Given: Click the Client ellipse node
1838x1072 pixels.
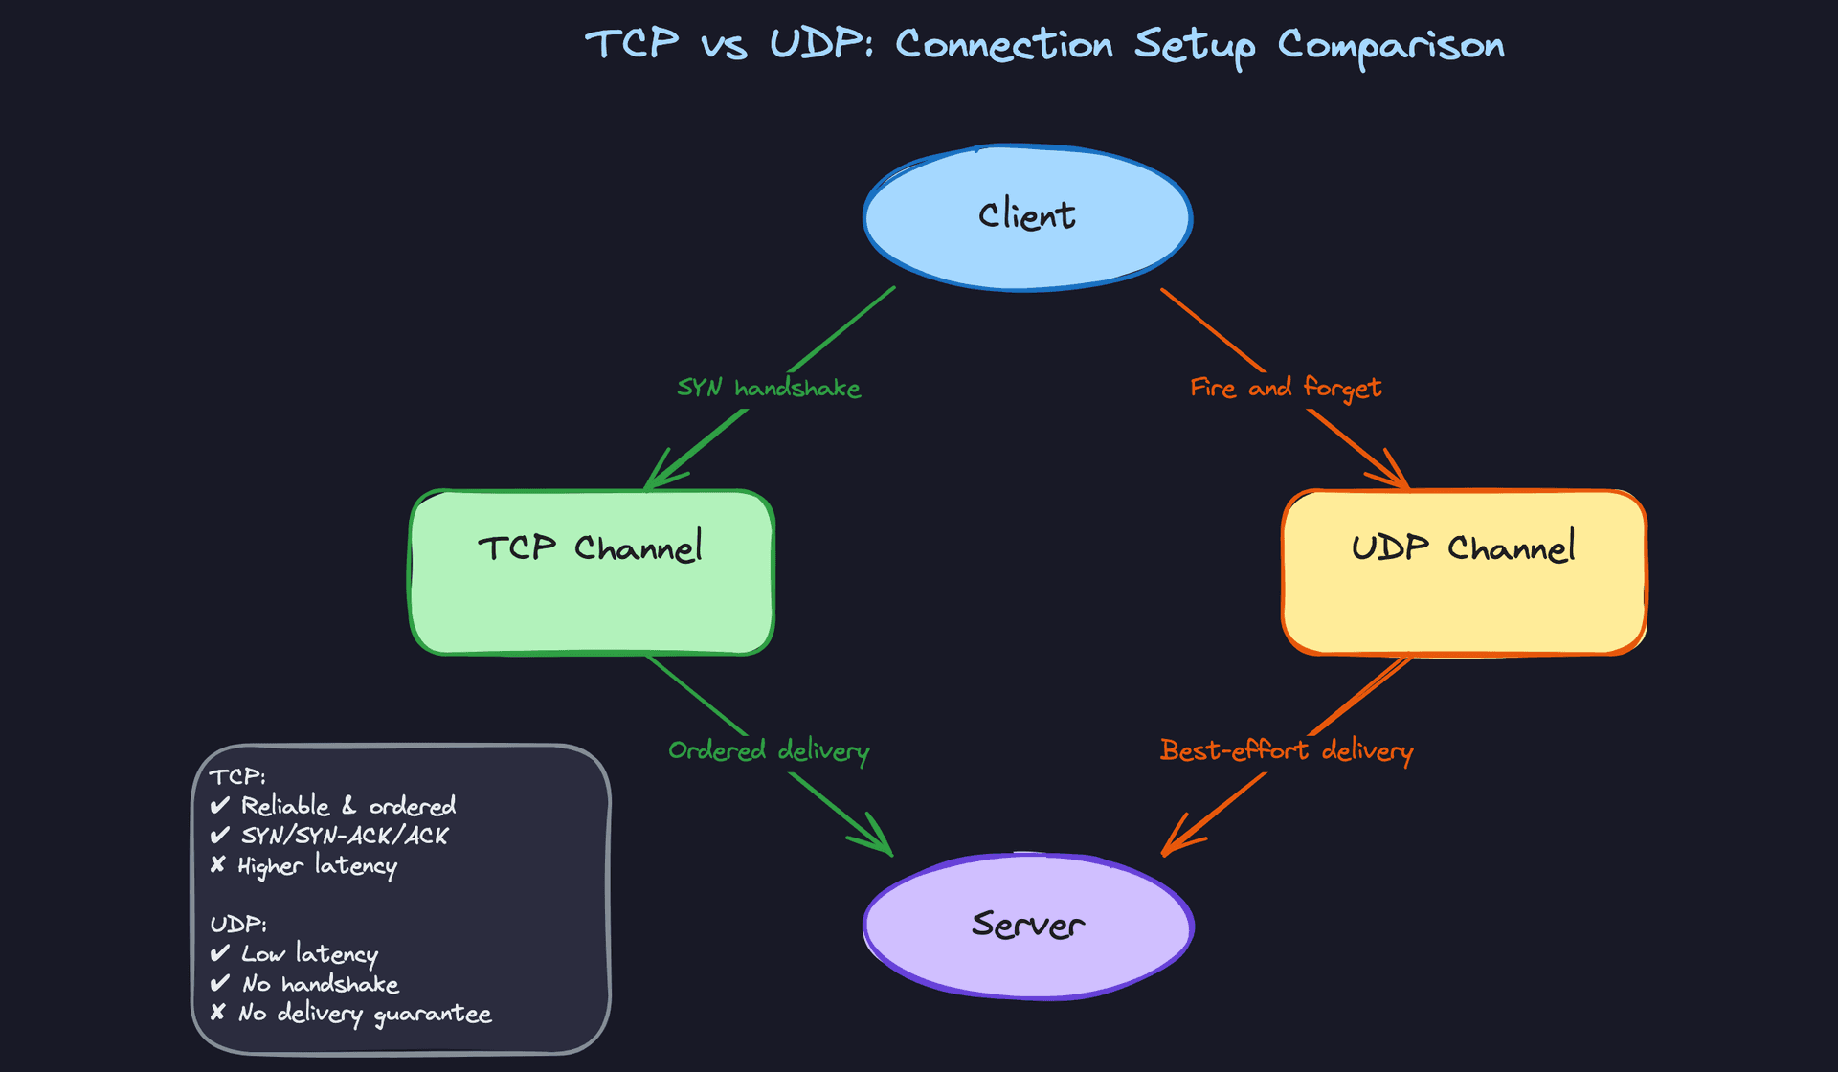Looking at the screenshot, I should (1027, 217).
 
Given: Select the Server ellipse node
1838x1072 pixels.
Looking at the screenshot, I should (1028, 926).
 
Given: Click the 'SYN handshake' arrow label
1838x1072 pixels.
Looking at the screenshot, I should (769, 388).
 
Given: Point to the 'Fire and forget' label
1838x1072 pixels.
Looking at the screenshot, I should (1285, 388).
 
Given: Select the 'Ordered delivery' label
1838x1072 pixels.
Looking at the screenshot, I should (769, 750).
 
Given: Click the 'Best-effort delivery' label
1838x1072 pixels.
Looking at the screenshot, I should (1286, 750).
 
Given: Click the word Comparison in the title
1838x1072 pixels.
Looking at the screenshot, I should (1391, 46).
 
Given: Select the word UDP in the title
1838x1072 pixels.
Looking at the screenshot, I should (820, 44).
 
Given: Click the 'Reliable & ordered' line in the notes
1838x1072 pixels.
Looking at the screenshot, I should (347, 806).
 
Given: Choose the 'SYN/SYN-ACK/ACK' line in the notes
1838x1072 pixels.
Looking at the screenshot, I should (345, 836).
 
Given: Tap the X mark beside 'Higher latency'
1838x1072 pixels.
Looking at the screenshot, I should (218, 865).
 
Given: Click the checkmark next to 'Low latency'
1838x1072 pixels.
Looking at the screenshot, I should (220, 953).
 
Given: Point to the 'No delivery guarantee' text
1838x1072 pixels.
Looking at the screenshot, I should (365, 1014).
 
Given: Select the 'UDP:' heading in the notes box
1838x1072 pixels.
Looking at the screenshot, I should (238, 925).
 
